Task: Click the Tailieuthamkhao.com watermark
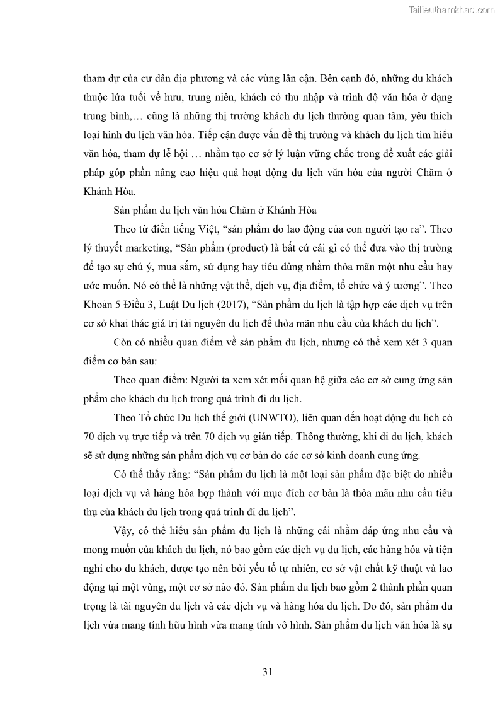452,9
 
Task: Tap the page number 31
267,671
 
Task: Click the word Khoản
99,305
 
